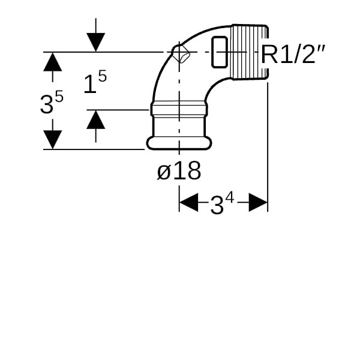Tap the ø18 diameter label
pyautogui.click(x=179, y=172)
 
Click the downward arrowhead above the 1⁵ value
pyautogui.click(x=96, y=42)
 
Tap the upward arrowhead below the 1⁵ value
pyautogui.click(x=96, y=119)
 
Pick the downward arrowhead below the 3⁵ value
pyautogui.click(x=53, y=139)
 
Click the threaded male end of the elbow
pyautogui.click(x=248, y=52)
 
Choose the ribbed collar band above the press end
pyautogui.click(x=178, y=110)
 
